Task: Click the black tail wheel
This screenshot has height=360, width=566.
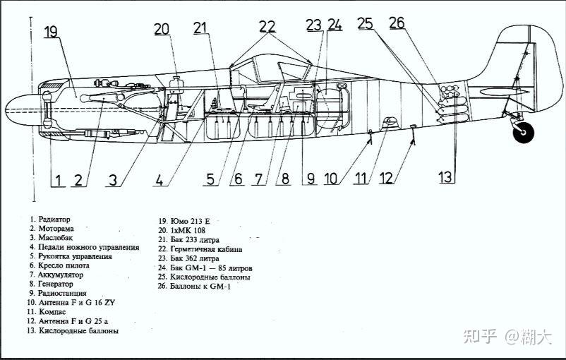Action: pyautogui.click(x=523, y=131)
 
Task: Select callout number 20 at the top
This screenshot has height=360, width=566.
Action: pyautogui.click(x=162, y=29)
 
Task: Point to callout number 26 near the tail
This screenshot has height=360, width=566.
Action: pyautogui.click(x=397, y=23)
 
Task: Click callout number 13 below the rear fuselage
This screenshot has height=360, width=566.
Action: pyautogui.click(x=445, y=177)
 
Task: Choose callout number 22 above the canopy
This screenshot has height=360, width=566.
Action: pyautogui.click(x=267, y=26)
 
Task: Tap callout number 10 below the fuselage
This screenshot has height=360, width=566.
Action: pyautogui.click(x=331, y=179)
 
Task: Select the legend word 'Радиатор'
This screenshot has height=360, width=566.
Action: pyautogui.click(x=55, y=219)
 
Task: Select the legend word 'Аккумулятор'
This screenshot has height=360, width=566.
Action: pyautogui.click(x=61, y=275)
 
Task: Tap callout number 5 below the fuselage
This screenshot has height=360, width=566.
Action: pyautogui.click(x=210, y=179)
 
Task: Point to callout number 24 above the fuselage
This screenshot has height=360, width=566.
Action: pyautogui.click(x=335, y=25)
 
